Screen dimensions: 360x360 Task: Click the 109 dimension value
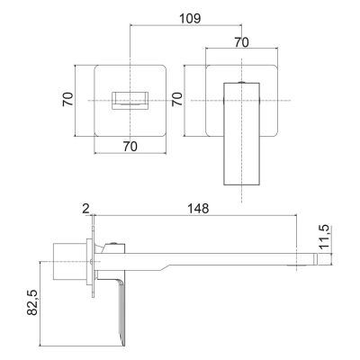tap(190, 18)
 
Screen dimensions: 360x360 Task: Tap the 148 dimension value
tap(198, 209)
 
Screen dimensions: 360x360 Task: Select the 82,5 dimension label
tap(32, 302)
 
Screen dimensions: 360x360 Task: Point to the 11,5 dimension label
tap(324, 237)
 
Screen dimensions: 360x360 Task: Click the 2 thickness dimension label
tap(85, 209)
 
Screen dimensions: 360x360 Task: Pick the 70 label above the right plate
tap(241, 42)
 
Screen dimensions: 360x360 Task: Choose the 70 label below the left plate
tap(130, 147)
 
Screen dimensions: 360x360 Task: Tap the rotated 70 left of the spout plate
tap(67, 99)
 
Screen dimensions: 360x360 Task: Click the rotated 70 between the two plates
tap(177, 99)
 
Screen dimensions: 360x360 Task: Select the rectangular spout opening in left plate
tap(130, 100)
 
